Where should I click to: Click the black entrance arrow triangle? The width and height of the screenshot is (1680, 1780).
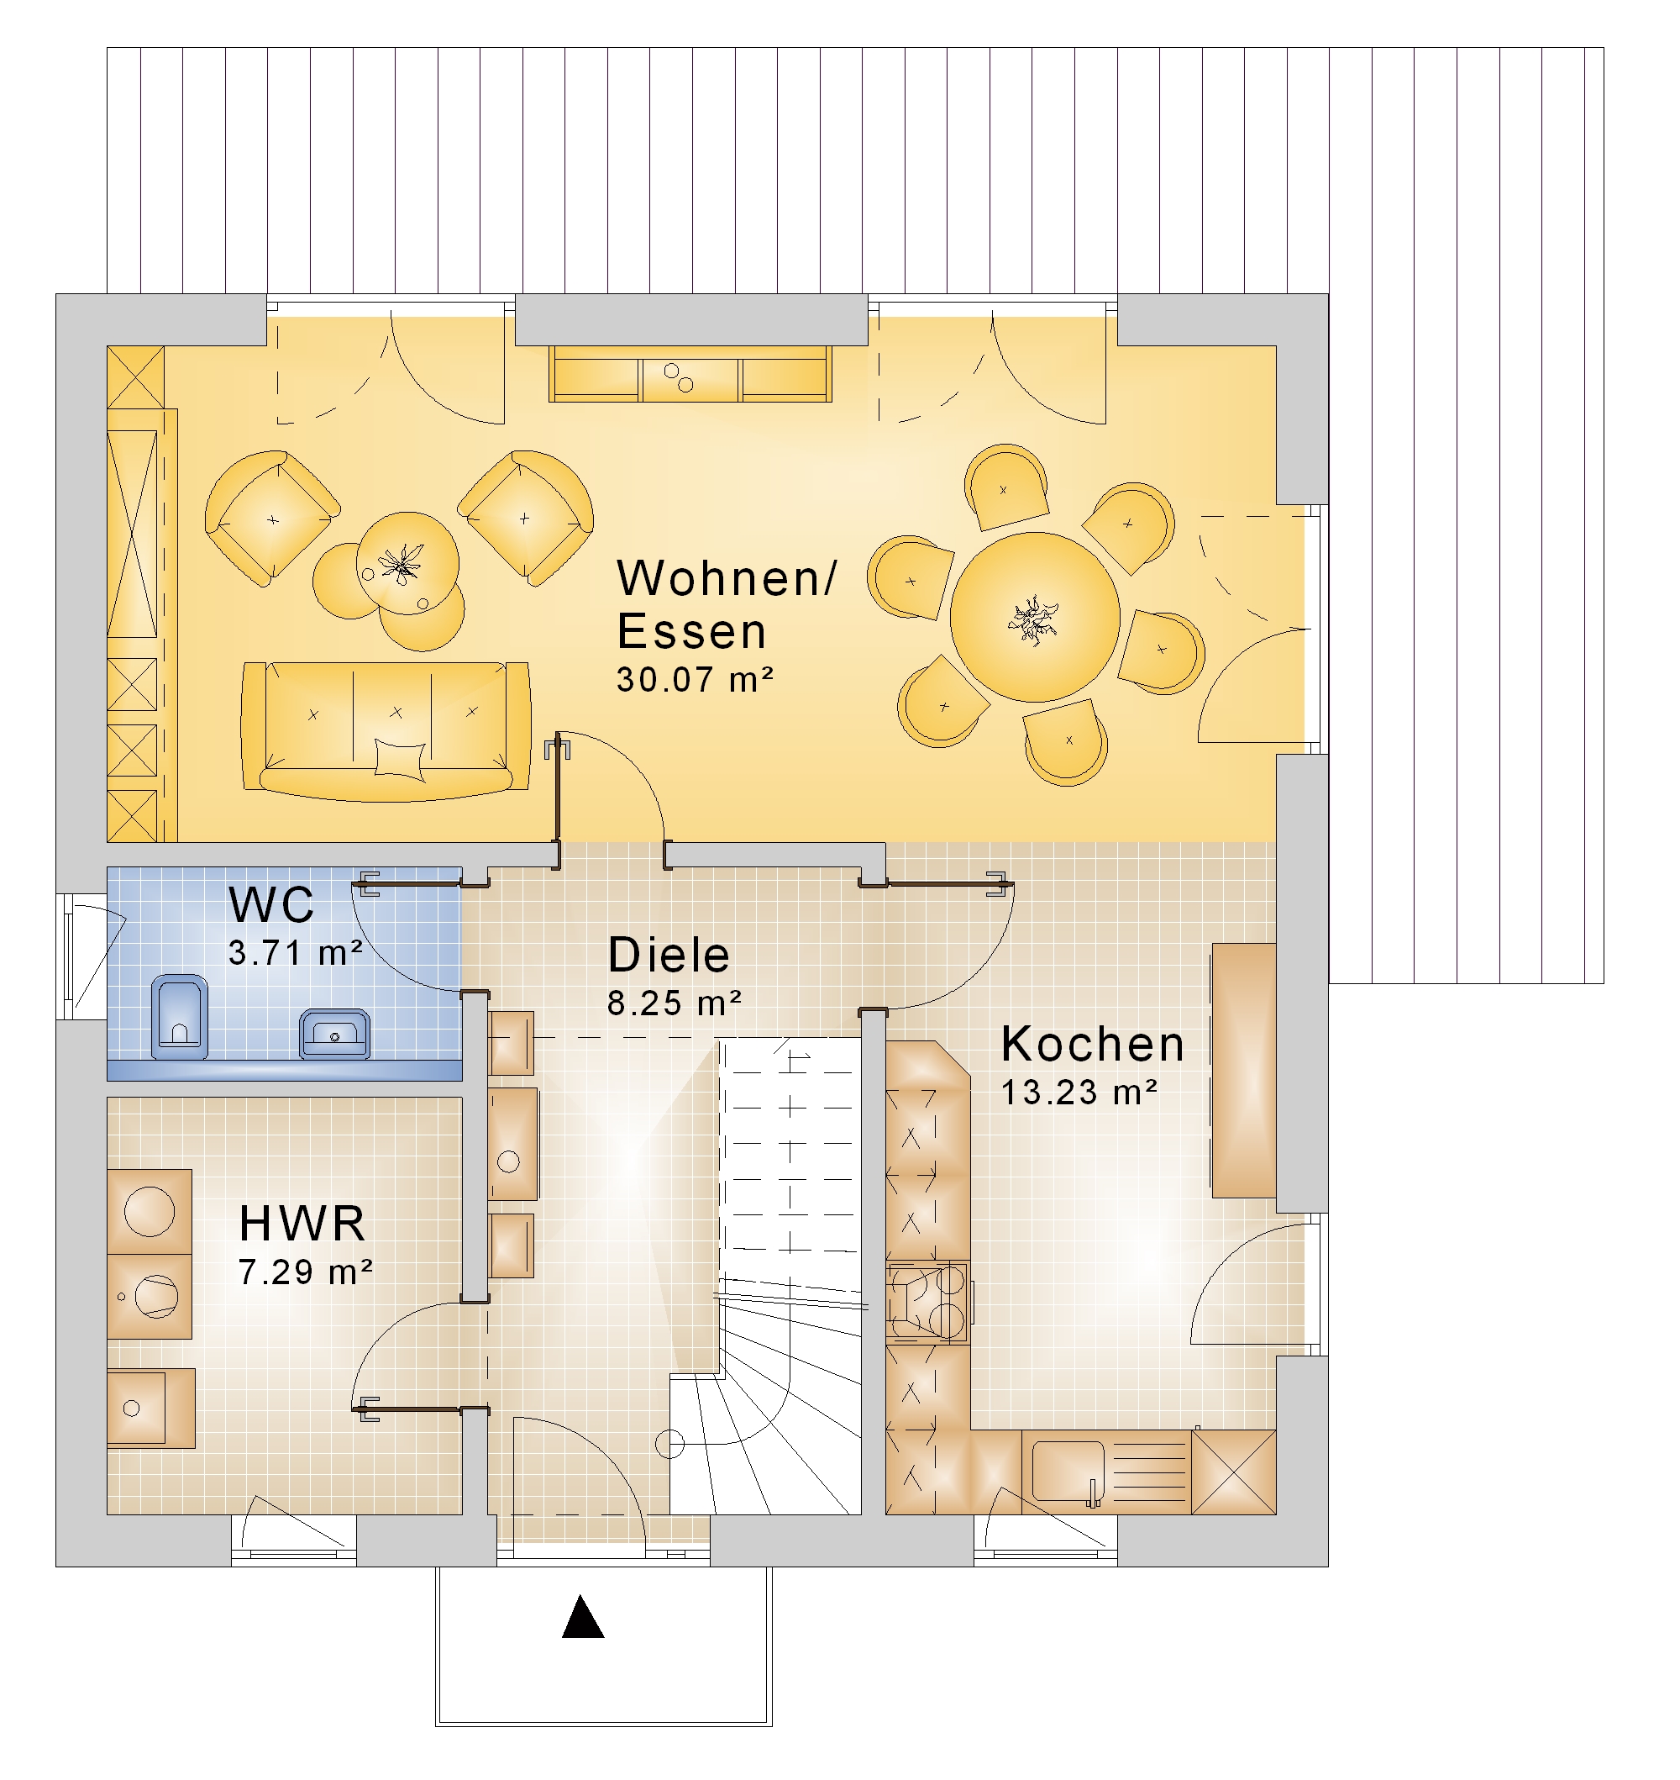click(583, 1618)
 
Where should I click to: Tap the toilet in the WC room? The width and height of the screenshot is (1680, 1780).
click(179, 1017)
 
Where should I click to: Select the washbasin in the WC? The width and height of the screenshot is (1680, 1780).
click(334, 1034)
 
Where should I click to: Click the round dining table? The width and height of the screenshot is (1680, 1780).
click(1034, 617)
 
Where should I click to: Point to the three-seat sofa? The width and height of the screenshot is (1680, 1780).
click(386, 731)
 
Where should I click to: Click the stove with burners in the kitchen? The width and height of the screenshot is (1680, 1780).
click(927, 1302)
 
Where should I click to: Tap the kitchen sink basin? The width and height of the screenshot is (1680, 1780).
click(1068, 1469)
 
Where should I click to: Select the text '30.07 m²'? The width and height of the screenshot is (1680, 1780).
click(694, 680)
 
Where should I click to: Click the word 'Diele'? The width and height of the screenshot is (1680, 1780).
click(668, 955)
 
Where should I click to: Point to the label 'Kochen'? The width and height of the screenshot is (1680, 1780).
click(1093, 1044)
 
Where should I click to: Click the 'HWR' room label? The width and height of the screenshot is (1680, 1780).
click(302, 1224)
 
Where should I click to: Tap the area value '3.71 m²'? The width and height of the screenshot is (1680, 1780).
click(295, 952)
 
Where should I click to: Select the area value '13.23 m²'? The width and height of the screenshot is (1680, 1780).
click(1079, 1092)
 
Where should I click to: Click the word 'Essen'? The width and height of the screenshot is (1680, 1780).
click(691, 630)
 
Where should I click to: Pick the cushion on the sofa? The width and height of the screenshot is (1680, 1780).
click(399, 758)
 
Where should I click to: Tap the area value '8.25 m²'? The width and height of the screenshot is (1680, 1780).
click(675, 1003)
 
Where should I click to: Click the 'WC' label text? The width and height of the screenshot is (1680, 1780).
click(271, 905)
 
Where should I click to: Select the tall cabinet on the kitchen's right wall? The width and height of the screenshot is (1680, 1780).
click(1244, 1070)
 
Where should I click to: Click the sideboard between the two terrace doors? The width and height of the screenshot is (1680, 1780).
click(690, 375)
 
